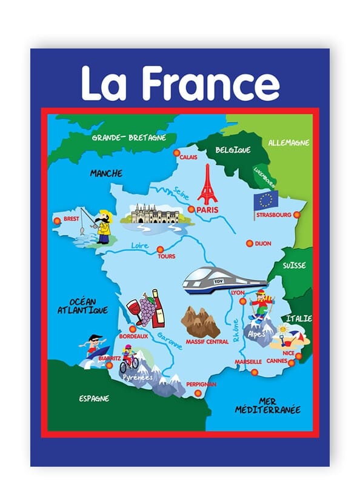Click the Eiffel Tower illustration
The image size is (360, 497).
click(207, 184)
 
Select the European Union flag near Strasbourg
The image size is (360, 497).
click(265, 201)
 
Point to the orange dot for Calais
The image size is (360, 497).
click(176, 153)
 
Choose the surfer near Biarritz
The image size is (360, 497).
click(94, 345)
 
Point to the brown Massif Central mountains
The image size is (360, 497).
click(200, 321)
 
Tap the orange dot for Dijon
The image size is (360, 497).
click(249, 244)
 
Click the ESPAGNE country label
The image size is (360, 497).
click(94, 398)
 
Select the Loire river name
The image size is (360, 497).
click(140, 245)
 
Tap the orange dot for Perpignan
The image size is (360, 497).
click(198, 393)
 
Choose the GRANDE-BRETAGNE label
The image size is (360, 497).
click(128, 138)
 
